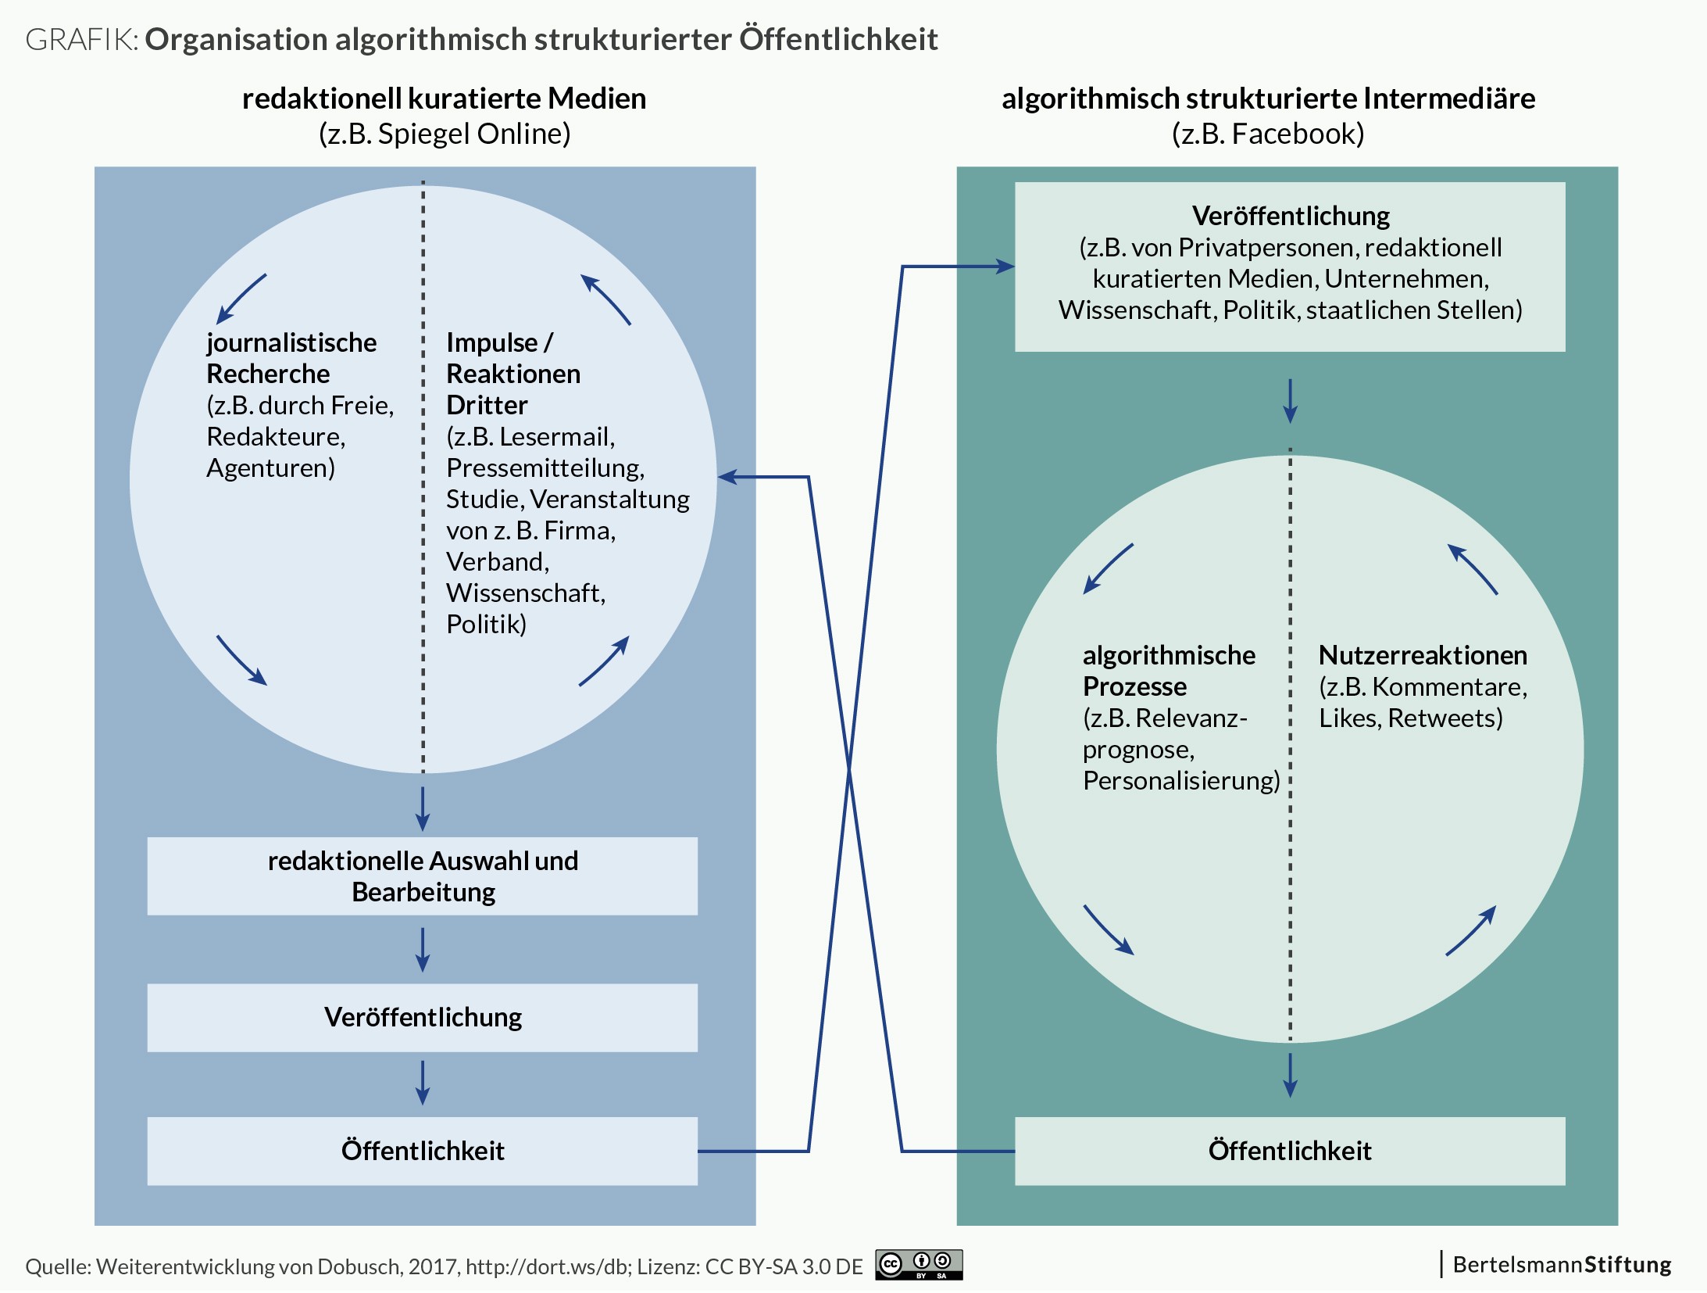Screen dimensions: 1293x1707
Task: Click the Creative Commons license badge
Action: click(x=919, y=1264)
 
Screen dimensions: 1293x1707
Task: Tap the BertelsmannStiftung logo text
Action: click(x=1562, y=1265)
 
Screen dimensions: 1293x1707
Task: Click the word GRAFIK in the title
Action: click(x=80, y=40)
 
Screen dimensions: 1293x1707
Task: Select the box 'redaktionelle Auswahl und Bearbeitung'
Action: click(x=423, y=876)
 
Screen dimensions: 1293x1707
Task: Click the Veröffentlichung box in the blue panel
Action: click(x=423, y=1017)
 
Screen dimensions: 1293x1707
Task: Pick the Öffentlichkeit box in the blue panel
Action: click(x=423, y=1151)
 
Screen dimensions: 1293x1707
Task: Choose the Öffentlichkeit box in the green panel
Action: click(x=1290, y=1151)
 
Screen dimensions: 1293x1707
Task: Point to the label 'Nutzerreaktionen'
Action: click(x=1423, y=655)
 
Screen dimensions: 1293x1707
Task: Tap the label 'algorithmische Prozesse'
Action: click(x=1168, y=671)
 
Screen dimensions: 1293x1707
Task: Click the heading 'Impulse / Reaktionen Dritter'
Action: click(x=512, y=374)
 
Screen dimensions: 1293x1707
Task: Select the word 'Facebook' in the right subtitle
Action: click(x=1297, y=134)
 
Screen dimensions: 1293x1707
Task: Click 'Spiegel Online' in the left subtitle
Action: click(x=473, y=134)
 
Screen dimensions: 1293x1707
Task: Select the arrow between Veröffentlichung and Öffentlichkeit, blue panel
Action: click(x=423, y=1083)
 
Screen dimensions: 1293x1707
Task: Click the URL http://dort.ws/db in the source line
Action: click(x=548, y=1266)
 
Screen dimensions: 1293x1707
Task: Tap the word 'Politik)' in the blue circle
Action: click(x=486, y=624)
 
